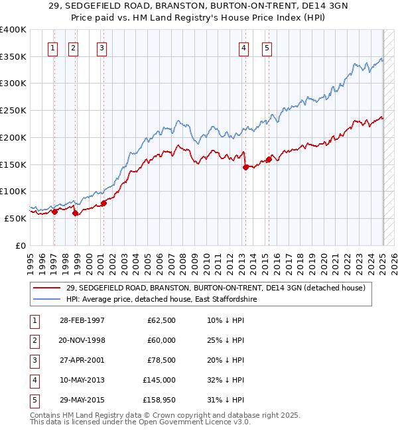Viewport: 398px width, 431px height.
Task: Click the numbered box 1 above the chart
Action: click(x=52, y=47)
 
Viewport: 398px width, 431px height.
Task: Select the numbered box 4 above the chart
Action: click(x=244, y=47)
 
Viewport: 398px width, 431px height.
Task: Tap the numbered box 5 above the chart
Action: click(x=266, y=47)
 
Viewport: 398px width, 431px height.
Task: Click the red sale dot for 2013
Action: click(x=245, y=167)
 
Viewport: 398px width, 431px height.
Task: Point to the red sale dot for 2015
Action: click(x=269, y=159)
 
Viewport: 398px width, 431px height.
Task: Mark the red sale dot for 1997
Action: click(x=54, y=212)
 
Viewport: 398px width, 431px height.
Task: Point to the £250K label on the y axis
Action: click(x=13, y=111)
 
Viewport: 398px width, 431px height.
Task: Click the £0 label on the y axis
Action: click(x=20, y=245)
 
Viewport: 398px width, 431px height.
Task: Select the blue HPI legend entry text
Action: click(x=161, y=300)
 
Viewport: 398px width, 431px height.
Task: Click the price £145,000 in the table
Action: click(x=159, y=381)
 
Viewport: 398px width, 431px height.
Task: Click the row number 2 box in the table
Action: click(x=33, y=341)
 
